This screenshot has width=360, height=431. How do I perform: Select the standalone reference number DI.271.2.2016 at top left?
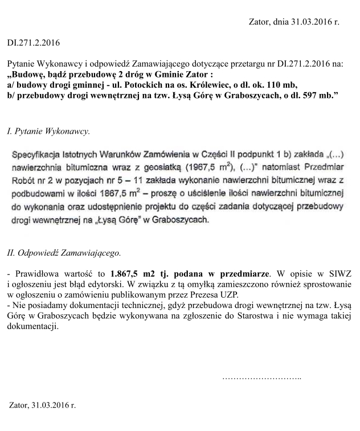coord(33,42)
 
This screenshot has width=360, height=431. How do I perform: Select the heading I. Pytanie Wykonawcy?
coord(48,132)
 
